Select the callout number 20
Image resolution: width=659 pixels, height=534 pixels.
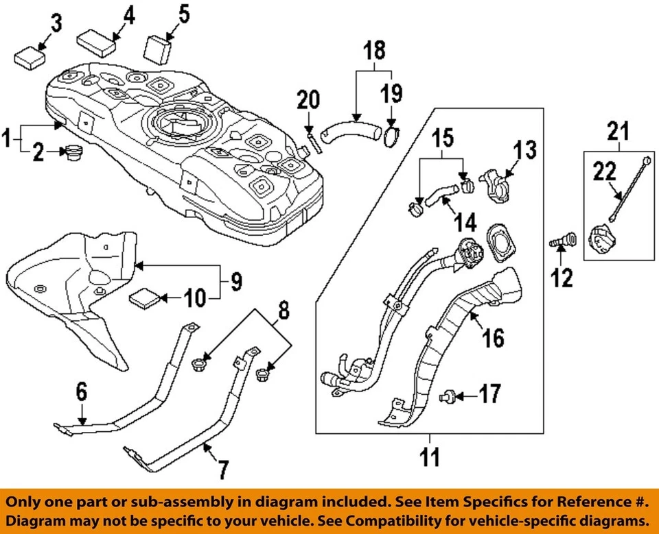point(308,101)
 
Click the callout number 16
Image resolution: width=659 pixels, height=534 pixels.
point(493,337)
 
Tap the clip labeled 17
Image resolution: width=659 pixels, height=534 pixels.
point(448,395)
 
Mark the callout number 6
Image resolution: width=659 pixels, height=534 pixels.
point(82,392)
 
